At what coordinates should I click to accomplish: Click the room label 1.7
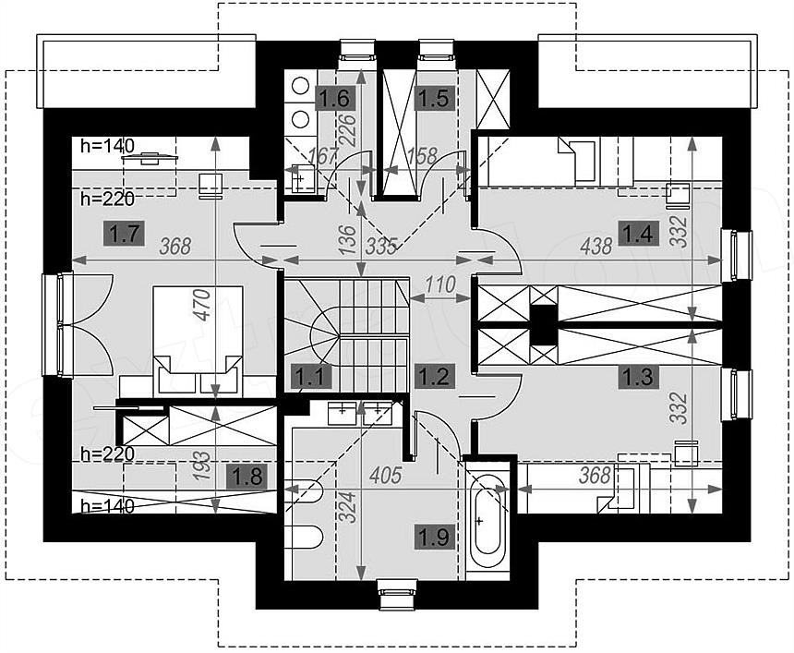click(124, 234)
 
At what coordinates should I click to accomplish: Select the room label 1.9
click(435, 537)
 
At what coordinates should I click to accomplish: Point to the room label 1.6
click(336, 98)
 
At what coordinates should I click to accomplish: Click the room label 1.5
click(435, 98)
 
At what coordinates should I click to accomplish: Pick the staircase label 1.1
click(310, 377)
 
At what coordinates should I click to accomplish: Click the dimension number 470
click(203, 305)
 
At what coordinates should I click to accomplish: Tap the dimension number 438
click(597, 247)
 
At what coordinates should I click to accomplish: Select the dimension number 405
click(385, 475)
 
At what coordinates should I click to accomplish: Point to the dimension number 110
click(440, 285)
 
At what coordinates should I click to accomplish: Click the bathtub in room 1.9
click(487, 521)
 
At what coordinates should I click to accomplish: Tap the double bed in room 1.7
click(198, 340)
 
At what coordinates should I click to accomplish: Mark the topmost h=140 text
click(107, 147)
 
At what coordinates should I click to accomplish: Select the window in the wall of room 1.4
click(736, 255)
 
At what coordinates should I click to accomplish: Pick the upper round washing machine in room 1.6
click(301, 86)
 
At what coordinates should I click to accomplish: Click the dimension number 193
click(203, 466)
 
